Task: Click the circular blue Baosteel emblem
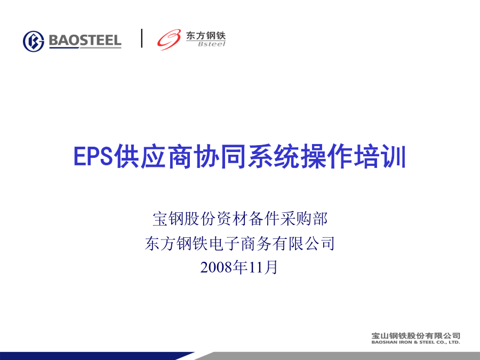pos(34,41)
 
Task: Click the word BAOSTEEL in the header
pos(85,41)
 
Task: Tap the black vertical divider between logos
pos(142,38)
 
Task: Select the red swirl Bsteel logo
pos(169,40)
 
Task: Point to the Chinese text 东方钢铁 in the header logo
pos(206,36)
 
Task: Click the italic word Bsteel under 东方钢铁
pos(212,44)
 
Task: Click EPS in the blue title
pos(93,156)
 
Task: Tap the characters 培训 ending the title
pos(380,156)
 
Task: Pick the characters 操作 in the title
pos(327,156)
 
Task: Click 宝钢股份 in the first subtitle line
pos(184,219)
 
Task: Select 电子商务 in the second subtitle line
pos(239,243)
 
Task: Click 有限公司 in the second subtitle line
pos(303,243)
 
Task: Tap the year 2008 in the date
pos(216,267)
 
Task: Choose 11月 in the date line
pos(263,267)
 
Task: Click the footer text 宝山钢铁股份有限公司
pos(415,336)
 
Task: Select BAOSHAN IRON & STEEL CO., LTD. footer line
pos(415,342)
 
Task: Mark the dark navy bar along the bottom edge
pos(97,356)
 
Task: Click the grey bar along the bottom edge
pos(340,356)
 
